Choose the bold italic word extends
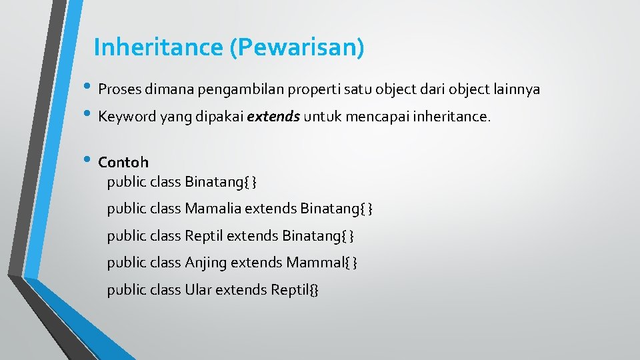coord(273,117)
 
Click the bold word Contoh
coord(123,162)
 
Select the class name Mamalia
coord(213,209)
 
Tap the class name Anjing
coord(205,263)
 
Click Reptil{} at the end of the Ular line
coord(295,290)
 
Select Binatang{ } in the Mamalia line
coord(336,209)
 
